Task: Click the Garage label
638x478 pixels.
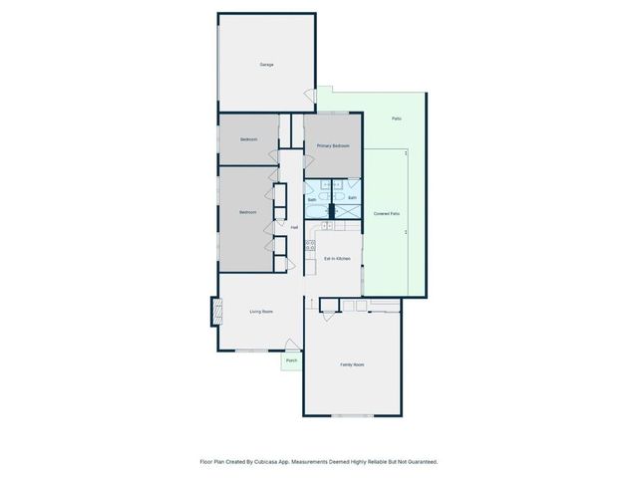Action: click(x=266, y=65)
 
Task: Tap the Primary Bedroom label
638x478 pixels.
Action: click(x=333, y=146)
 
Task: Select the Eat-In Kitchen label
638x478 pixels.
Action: click(x=337, y=259)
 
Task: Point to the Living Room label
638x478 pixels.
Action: click(x=261, y=312)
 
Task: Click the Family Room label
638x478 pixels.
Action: click(x=352, y=365)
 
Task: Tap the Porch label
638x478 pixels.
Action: click(x=291, y=360)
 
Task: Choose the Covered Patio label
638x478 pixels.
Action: click(x=387, y=214)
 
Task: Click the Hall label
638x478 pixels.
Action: click(x=294, y=227)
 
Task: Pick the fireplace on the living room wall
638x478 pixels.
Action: click(x=214, y=312)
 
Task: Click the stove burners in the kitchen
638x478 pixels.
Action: click(x=310, y=245)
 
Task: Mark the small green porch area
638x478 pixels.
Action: click(x=291, y=362)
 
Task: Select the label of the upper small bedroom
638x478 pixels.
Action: click(x=248, y=139)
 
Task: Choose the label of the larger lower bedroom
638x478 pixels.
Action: click(x=248, y=213)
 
